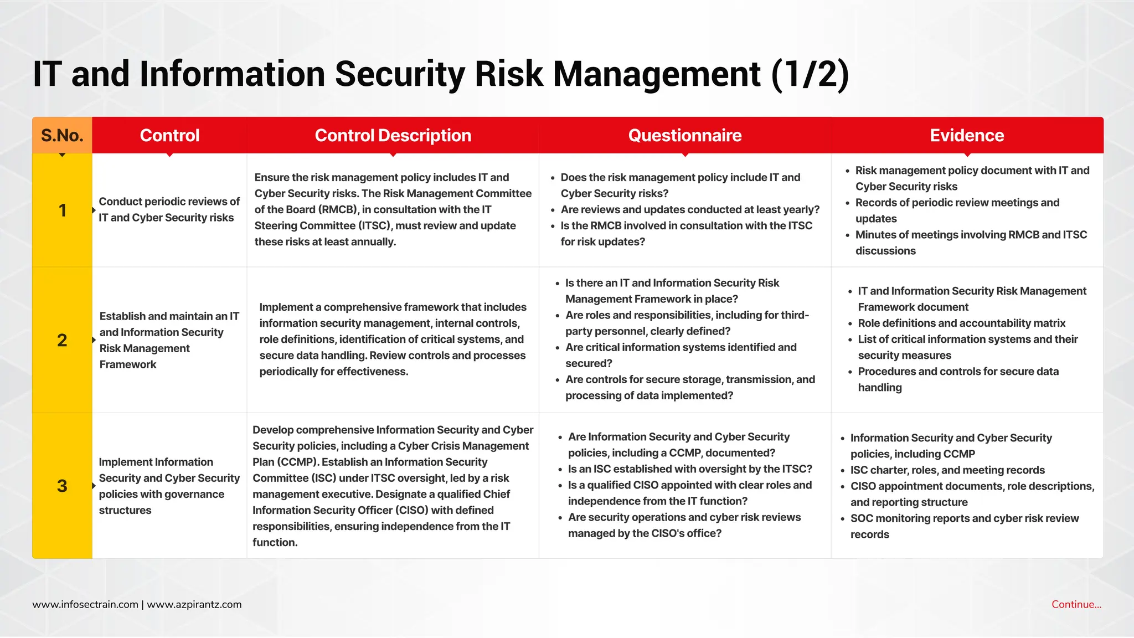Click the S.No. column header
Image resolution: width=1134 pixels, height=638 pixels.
point(62,135)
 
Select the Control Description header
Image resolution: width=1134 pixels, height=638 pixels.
point(393,135)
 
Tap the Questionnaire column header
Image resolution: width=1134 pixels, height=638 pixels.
point(684,135)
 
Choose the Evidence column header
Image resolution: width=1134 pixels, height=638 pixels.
point(966,135)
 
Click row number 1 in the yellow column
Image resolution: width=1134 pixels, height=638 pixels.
point(62,210)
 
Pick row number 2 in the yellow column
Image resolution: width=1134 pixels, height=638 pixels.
point(62,340)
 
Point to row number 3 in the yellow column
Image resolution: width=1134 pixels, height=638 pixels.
point(62,486)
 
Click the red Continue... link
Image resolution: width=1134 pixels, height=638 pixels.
point(1076,604)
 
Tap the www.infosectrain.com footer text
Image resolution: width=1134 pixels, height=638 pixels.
point(85,604)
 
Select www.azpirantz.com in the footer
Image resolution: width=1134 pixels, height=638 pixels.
point(194,604)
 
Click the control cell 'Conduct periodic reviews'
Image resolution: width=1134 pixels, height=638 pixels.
point(169,209)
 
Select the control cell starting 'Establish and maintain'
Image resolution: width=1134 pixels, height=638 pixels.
point(169,340)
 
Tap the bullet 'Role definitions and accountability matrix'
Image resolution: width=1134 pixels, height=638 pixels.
point(961,323)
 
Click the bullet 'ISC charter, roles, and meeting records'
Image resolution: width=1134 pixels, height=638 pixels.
point(947,470)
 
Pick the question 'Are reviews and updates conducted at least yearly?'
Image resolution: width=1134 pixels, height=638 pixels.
point(689,209)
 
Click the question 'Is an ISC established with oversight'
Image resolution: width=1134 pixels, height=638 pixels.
point(689,469)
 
